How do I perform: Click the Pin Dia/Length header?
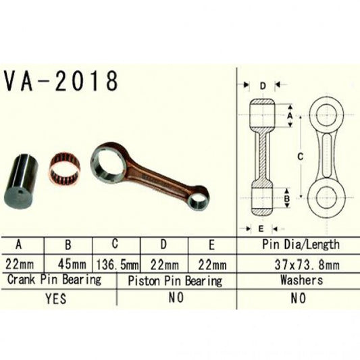300,245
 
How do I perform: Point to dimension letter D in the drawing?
262,86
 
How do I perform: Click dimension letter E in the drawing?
261,228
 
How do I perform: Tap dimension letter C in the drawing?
299,156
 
